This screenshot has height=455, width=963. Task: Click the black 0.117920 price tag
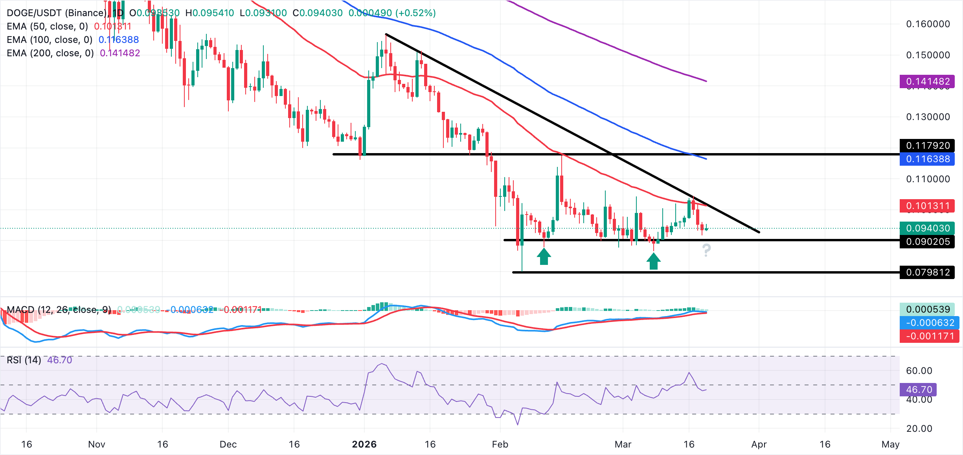[x=927, y=146]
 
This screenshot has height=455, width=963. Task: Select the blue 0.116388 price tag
[x=927, y=159]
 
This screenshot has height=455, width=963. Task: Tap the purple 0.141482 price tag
[x=927, y=81]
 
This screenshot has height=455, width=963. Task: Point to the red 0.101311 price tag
[x=927, y=206]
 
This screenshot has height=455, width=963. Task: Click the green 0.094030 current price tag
[x=927, y=228]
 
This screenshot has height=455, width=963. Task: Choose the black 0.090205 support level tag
[x=927, y=242]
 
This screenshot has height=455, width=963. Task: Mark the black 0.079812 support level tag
[x=927, y=272]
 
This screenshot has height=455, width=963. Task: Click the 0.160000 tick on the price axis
[x=928, y=24]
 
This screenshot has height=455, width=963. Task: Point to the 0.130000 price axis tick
[x=928, y=117]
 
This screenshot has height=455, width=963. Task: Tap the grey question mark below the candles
[x=706, y=250]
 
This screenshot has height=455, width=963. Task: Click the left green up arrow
[x=544, y=257]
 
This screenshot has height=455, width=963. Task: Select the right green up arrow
[x=654, y=261]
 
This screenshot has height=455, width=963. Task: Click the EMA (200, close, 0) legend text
[x=50, y=53]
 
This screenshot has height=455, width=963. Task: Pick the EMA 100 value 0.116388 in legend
[x=119, y=40]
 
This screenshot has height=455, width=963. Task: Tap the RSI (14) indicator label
[x=24, y=360]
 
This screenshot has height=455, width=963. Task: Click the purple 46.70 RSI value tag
[x=919, y=390]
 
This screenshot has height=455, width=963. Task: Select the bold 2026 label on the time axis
[x=364, y=444]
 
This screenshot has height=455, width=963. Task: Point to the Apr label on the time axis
[x=759, y=444]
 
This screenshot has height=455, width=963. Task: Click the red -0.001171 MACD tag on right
[x=930, y=336]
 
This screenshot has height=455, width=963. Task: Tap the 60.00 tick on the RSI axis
[x=919, y=371]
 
